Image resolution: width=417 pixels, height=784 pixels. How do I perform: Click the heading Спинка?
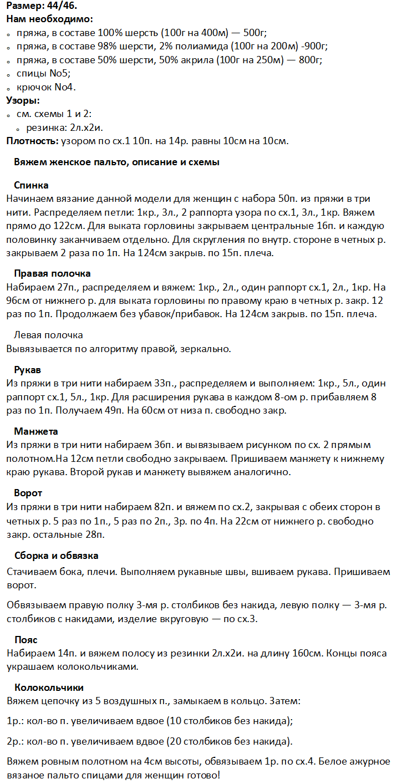point(31,185)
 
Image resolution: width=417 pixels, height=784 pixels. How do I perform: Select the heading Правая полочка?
point(52,274)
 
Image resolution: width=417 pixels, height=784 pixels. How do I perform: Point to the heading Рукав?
point(27,369)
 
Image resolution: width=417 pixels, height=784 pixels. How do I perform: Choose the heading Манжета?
point(36,431)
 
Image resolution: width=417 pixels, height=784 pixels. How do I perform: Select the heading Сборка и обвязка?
point(56,555)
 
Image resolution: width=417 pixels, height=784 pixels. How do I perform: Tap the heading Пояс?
point(26,640)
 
